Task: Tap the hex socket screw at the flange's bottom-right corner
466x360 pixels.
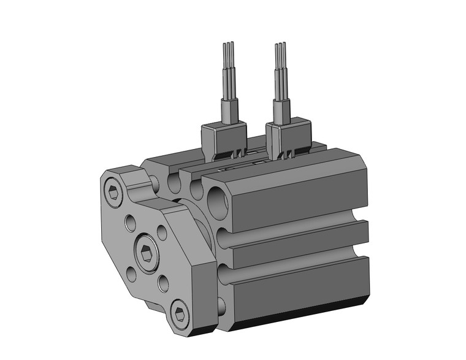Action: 180,314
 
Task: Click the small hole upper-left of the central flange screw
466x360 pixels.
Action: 131,220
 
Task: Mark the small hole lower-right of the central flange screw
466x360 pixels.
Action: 162,283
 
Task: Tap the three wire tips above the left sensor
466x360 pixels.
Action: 228,48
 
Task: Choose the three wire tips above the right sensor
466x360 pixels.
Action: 280,48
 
